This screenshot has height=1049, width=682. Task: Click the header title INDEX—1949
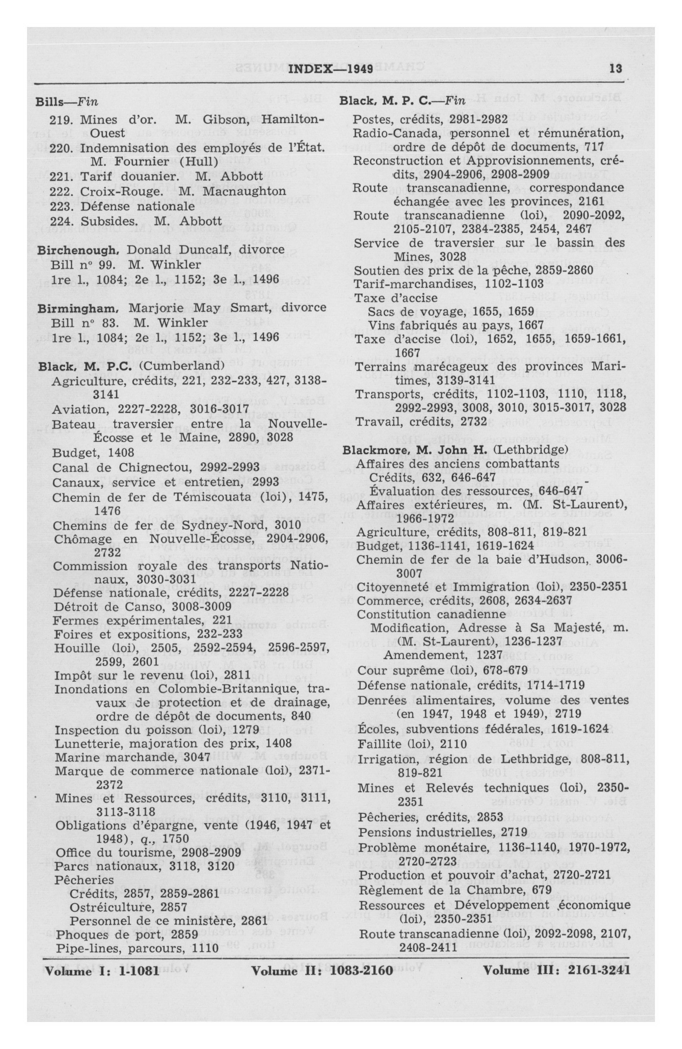point(331,69)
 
